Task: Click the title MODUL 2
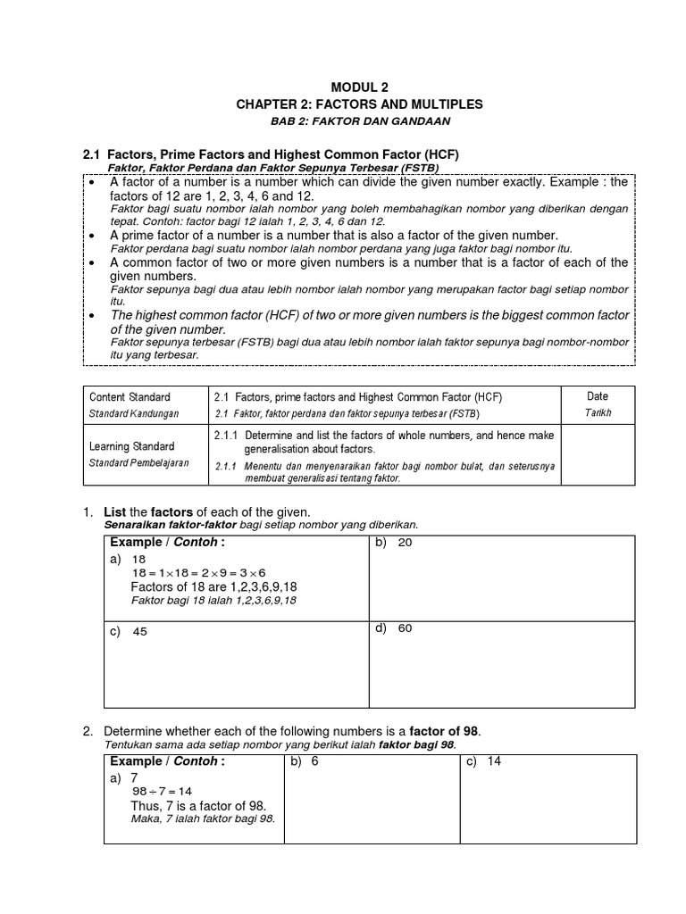[359, 87]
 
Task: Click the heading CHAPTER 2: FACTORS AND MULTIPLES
[359, 104]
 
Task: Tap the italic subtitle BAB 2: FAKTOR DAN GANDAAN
[360, 121]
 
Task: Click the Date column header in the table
[597, 396]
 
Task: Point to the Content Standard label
[130, 397]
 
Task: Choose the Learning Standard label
[132, 445]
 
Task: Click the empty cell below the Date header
[597, 454]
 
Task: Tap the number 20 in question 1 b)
[405, 543]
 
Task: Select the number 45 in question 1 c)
[140, 631]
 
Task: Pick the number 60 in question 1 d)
[405, 628]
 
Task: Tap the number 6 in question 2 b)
[315, 762]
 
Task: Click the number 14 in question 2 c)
[494, 762]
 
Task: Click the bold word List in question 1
[116, 511]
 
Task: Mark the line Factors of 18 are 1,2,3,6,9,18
[214, 586]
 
